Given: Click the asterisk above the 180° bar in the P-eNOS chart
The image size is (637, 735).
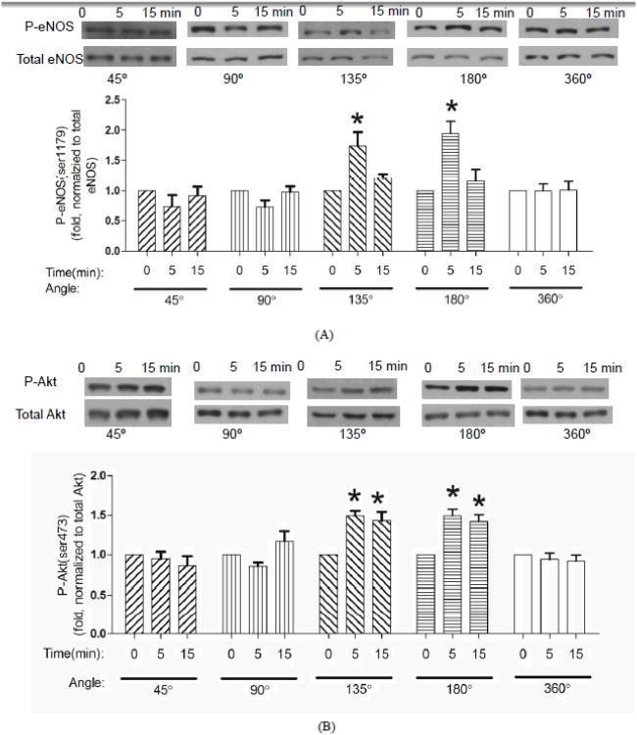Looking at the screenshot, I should (452, 107).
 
